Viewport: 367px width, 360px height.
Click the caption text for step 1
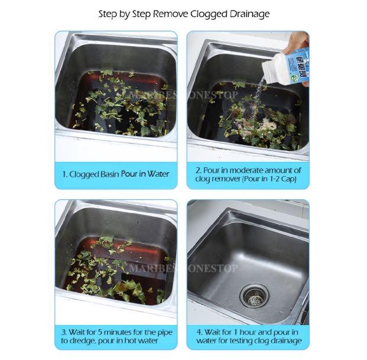116,174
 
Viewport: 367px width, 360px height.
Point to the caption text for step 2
248,174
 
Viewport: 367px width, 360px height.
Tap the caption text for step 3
116,336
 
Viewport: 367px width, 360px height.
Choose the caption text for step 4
248,336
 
